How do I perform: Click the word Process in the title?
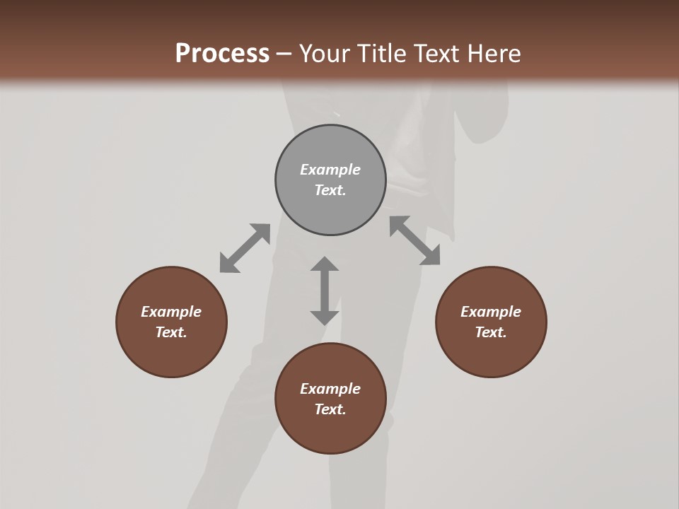222,54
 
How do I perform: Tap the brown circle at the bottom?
330,431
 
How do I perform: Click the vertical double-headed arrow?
325,291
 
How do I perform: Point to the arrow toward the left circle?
245,248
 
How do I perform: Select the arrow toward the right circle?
415,240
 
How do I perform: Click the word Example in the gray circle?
330,170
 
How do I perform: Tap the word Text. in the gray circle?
330,190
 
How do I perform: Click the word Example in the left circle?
171,312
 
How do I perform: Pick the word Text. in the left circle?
171,332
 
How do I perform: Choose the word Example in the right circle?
491,312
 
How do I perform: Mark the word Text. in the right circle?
491,332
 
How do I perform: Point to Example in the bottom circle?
330,389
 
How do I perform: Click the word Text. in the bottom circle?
330,409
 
